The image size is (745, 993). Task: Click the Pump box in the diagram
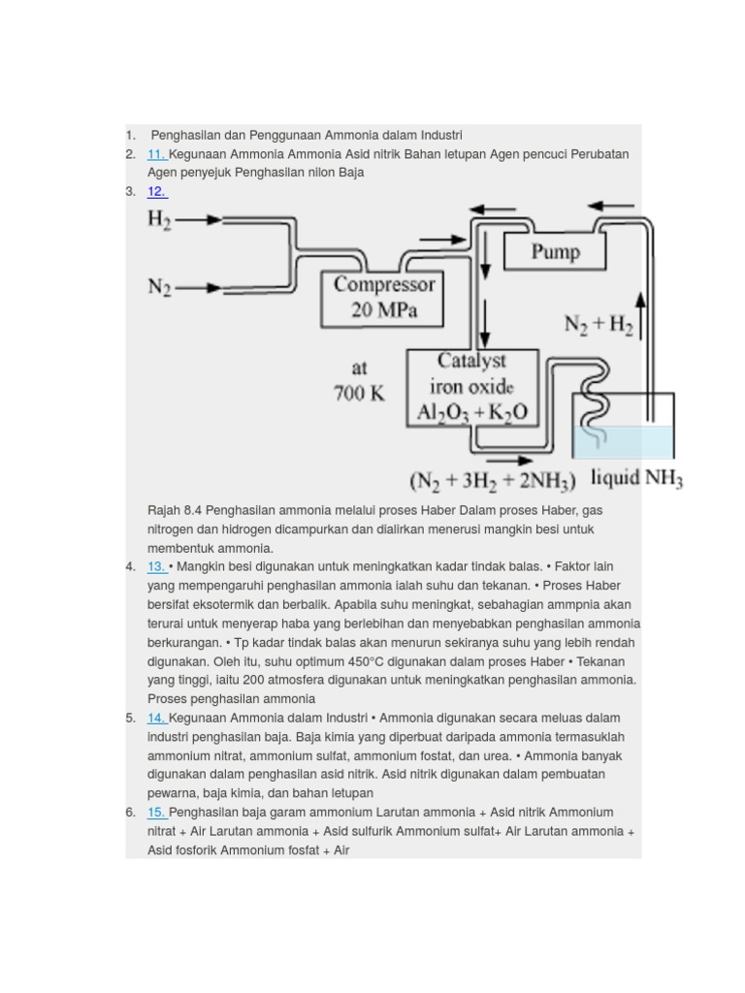[555, 252]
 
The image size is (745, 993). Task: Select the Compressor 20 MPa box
[383, 299]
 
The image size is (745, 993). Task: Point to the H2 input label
[160, 219]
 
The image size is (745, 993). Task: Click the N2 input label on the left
[160, 287]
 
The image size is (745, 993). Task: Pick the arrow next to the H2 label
[200, 219]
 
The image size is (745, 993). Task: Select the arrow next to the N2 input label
[200, 287]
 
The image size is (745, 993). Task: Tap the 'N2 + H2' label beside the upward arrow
[598, 325]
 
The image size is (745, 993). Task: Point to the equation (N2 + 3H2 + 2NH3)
[493, 481]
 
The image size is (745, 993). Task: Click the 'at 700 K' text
[359, 382]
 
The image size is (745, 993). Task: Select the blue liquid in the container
[623, 442]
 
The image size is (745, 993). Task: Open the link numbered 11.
[157, 154]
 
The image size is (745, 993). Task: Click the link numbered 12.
[157, 191]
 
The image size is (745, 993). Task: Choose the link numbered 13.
[156, 566]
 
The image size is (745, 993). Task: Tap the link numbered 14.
[157, 718]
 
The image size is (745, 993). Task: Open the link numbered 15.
[157, 813]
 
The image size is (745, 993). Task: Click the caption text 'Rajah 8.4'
[175, 510]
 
